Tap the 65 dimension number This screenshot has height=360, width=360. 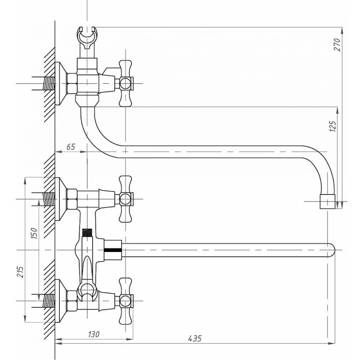71,147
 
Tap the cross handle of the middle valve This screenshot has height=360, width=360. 126,198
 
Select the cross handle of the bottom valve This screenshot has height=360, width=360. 126,300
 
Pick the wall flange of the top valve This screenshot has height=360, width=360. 60,84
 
